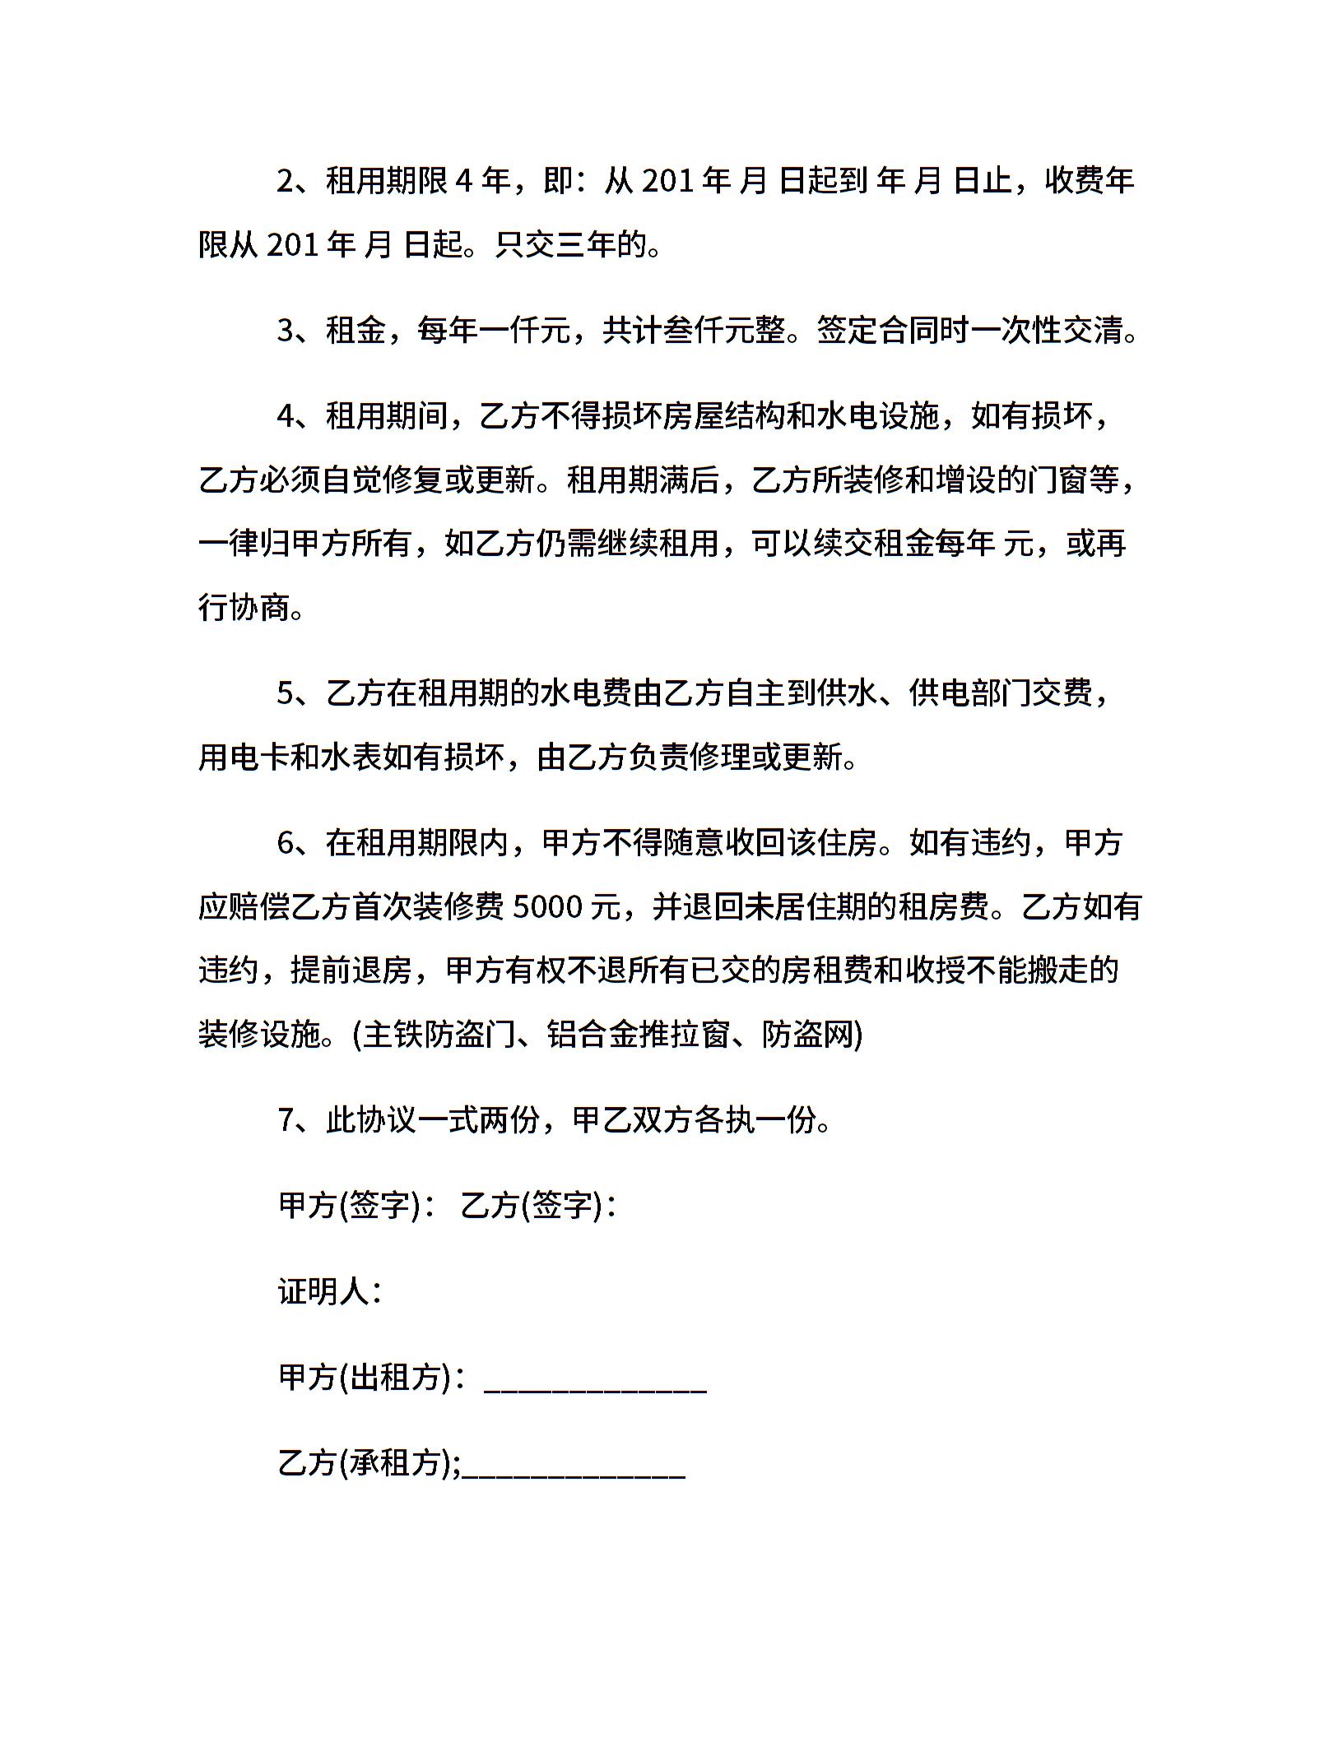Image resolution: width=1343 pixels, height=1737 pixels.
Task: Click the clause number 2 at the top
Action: pos(286,181)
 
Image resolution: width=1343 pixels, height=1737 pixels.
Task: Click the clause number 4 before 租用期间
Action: pos(286,416)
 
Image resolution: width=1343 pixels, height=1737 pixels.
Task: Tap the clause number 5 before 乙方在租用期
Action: pos(286,693)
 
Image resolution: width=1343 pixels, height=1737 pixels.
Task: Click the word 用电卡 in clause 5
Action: pos(244,757)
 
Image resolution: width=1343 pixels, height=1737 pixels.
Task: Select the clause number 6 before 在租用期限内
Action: pos(286,843)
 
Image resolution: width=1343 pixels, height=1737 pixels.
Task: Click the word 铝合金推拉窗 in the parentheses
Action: pos(639,1035)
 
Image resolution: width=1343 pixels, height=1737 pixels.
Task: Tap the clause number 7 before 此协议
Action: pos(286,1120)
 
